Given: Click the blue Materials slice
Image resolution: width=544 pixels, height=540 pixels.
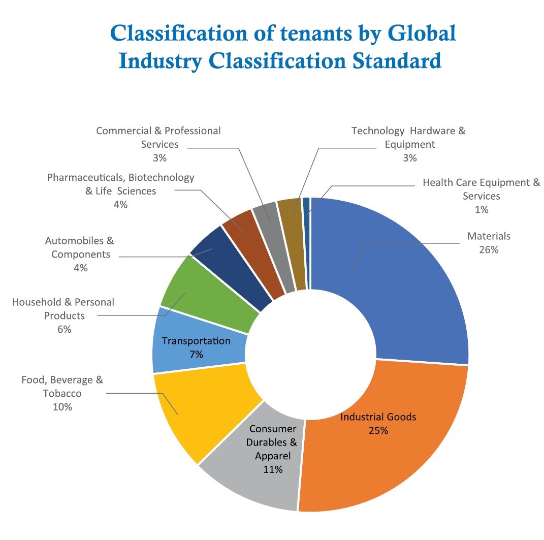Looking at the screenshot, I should (401, 284).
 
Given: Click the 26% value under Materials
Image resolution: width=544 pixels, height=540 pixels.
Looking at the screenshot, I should (488, 250).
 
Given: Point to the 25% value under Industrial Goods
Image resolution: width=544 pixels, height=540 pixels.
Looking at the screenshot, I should (378, 430).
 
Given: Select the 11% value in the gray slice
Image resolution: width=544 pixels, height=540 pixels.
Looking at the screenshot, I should (273, 469).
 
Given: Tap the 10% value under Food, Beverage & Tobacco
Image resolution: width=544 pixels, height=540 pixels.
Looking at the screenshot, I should (62, 407).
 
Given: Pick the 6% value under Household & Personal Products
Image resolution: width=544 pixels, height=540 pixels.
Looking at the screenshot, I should (64, 329).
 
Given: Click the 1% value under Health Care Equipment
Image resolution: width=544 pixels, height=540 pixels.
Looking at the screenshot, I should (481, 209).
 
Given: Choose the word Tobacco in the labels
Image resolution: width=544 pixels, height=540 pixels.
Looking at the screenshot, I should (62, 393).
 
